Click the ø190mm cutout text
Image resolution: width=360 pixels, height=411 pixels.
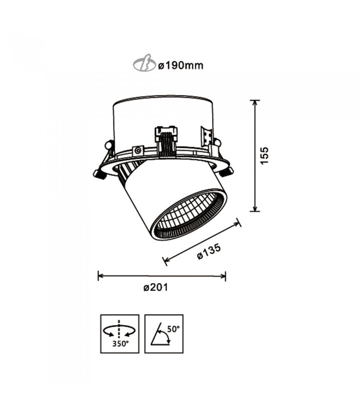click(x=181, y=66)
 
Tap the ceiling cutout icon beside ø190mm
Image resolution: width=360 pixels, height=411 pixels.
click(x=145, y=63)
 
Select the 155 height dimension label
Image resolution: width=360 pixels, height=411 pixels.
click(x=264, y=156)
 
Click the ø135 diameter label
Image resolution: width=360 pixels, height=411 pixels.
click(x=209, y=252)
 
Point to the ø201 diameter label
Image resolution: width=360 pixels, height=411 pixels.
click(x=155, y=287)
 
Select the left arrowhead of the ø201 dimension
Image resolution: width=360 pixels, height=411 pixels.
click(x=101, y=276)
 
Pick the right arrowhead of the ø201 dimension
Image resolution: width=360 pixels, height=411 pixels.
click(x=223, y=276)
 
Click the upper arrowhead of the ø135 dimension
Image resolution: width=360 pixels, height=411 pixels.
click(x=237, y=223)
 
